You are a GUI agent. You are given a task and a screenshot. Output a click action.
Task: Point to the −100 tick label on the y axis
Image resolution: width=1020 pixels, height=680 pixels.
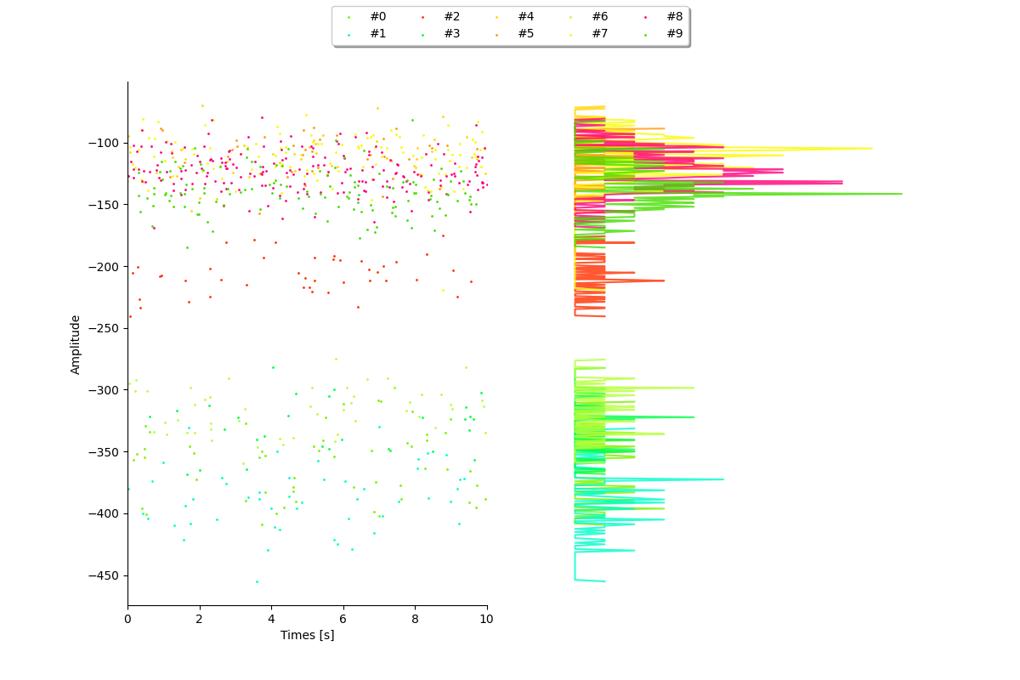pos(104,144)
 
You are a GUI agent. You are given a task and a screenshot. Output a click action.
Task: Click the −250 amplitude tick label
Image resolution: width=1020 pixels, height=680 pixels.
pos(104,328)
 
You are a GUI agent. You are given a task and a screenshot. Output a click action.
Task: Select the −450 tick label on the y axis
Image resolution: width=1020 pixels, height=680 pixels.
pos(104,575)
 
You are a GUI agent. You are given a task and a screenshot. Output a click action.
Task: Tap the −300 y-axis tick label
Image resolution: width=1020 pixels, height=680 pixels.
pos(104,390)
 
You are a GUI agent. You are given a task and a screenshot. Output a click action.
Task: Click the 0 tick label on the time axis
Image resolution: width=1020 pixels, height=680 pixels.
pos(127,619)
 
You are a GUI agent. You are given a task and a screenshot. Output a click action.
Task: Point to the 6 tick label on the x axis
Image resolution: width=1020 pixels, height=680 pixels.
pos(343,619)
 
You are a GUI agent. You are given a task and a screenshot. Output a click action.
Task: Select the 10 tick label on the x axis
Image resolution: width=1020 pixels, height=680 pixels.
pos(486,619)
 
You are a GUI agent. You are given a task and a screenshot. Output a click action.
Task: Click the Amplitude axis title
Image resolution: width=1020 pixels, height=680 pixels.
pos(75,345)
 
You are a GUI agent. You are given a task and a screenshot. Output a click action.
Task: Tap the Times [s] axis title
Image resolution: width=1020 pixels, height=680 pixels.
pos(308,635)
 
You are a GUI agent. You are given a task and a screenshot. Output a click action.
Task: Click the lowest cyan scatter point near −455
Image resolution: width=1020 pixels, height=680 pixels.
pos(257,581)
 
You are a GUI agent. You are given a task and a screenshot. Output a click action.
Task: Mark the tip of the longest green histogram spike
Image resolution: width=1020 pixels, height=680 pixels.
pos(902,194)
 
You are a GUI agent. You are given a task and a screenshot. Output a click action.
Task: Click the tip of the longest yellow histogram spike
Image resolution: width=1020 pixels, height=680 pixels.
pos(872,149)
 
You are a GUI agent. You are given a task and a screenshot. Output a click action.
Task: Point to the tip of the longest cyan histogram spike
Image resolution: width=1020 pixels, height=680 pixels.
pos(723,479)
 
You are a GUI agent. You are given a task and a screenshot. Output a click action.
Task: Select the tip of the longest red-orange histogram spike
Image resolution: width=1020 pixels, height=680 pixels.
pos(664,280)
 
